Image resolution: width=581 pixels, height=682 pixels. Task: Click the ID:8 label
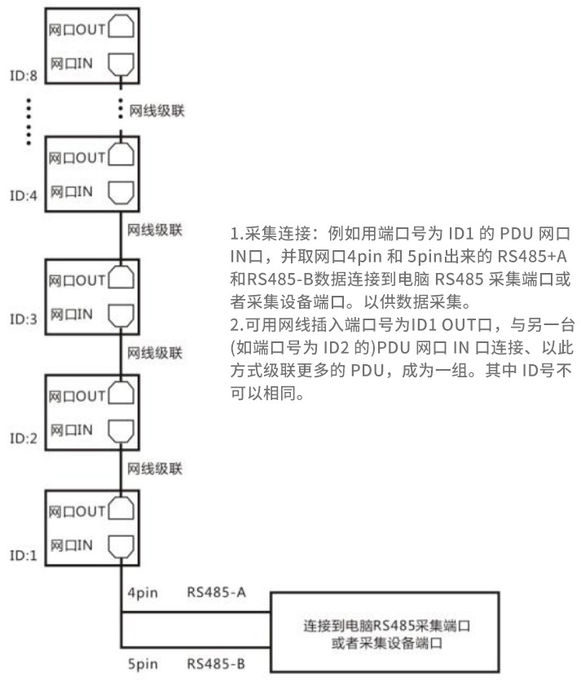pos(24,76)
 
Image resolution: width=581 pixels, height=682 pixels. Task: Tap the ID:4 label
pos(24,196)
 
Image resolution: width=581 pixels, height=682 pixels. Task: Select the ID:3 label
pos(24,319)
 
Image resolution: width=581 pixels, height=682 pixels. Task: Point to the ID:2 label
pos(24,438)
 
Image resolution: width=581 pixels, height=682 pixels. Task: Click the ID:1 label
pos(24,556)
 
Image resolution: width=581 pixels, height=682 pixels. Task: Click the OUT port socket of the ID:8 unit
pos(121,27)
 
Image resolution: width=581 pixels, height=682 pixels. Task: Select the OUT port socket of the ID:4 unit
pos(121,154)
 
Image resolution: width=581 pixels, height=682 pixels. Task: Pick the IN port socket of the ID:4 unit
pos(121,192)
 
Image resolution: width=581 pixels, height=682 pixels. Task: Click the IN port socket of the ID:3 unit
pos(121,315)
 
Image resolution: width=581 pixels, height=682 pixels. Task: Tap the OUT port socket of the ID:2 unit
pos(121,394)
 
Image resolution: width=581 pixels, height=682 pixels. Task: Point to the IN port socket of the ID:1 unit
pos(121,547)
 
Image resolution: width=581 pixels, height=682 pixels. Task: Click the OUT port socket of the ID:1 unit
pos(121,508)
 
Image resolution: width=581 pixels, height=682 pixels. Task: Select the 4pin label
pos(143,593)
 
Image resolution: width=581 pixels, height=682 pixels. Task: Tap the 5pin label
pos(143,664)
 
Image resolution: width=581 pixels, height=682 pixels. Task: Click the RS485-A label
pos(217,592)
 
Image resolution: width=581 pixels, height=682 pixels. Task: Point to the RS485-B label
pos(216,664)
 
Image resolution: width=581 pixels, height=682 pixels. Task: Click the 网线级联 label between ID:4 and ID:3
pos(155,230)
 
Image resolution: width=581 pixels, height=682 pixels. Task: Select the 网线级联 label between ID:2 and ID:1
pos(155,469)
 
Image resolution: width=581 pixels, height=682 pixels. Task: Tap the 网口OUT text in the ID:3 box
pos(77,280)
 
